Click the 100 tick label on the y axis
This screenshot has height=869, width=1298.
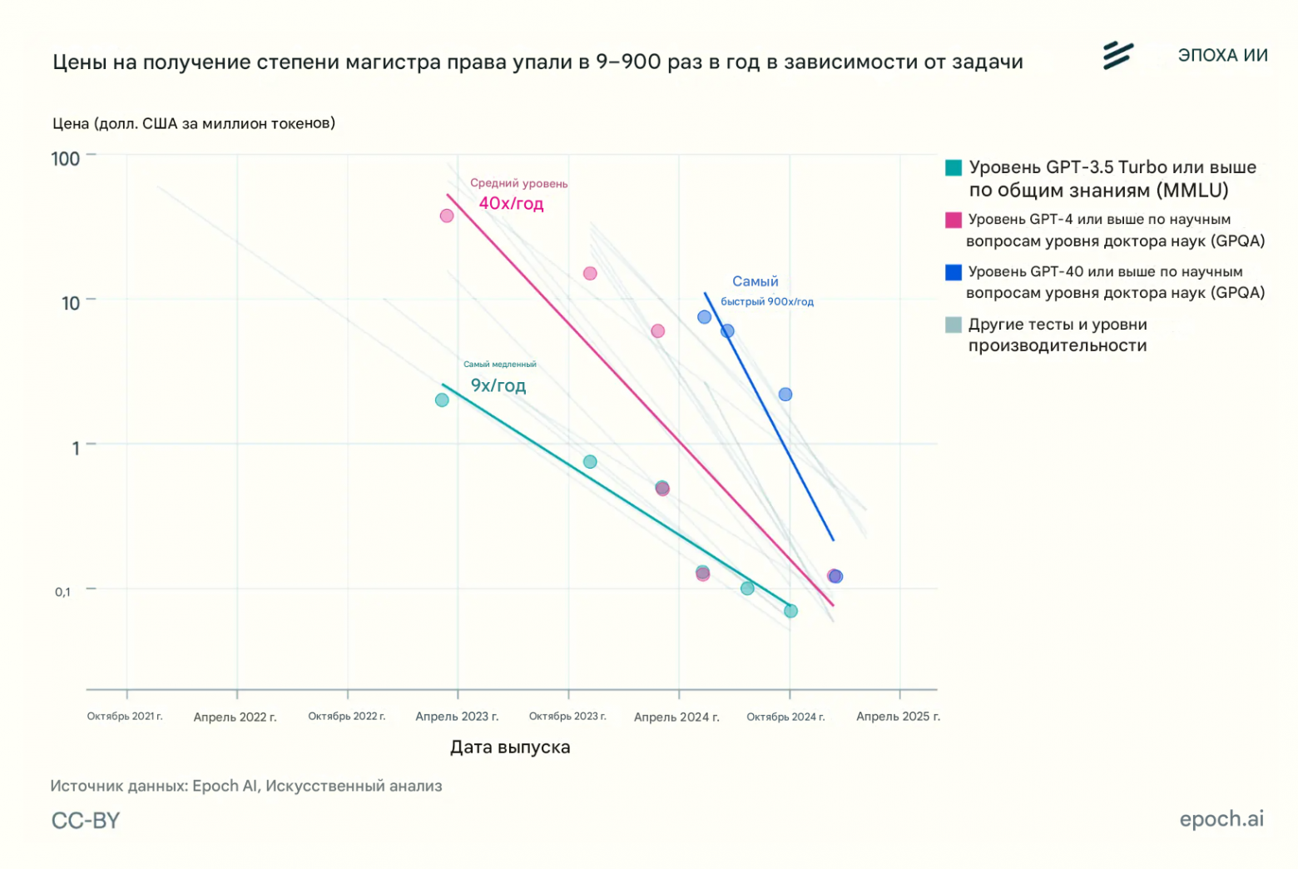pyautogui.click(x=66, y=159)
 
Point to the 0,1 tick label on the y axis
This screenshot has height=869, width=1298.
pyautogui.click(x=63, y=592)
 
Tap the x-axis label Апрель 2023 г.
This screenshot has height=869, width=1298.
pyautogui.click(x=457, y=717)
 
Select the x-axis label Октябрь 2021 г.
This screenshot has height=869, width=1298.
pyautogui.click(x=125, y=717)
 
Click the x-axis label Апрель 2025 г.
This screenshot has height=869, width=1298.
pyautogui.click(x=898, y=717)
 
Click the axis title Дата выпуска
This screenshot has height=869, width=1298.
pyautogui.click(x=510, y=747)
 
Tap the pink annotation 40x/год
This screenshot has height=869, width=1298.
pyautogui.click(x=511, y=204)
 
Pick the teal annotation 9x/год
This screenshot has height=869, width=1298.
pyautogui.click(x=498, y=385)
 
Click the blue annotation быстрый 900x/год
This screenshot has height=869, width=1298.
pyautogui.click(x=767, y=302)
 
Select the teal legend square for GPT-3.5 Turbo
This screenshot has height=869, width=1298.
pyautogui.click(x=954, y=167)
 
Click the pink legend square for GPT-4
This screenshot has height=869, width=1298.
pyautogui.click(x=954, y=220)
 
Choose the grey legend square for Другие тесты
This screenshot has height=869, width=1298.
pyautogui.click(x=954, y=325)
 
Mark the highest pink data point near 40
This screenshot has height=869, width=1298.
pyautogui.click(x=447, y=216)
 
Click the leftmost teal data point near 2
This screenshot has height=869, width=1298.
pyautogui.click(x=442, y=400)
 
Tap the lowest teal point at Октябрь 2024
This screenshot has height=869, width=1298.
pyautogui.click(x=790, y=611)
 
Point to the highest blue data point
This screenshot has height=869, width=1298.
pyautogui.click(x=705, y=317)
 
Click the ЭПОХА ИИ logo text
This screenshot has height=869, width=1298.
pyautogui.click(x=1222, y=56)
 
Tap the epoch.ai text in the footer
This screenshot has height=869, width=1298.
pyautogui.click(x=1221, y=819)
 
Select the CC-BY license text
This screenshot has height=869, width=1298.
pyautogui.click(x=86, y=821)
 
